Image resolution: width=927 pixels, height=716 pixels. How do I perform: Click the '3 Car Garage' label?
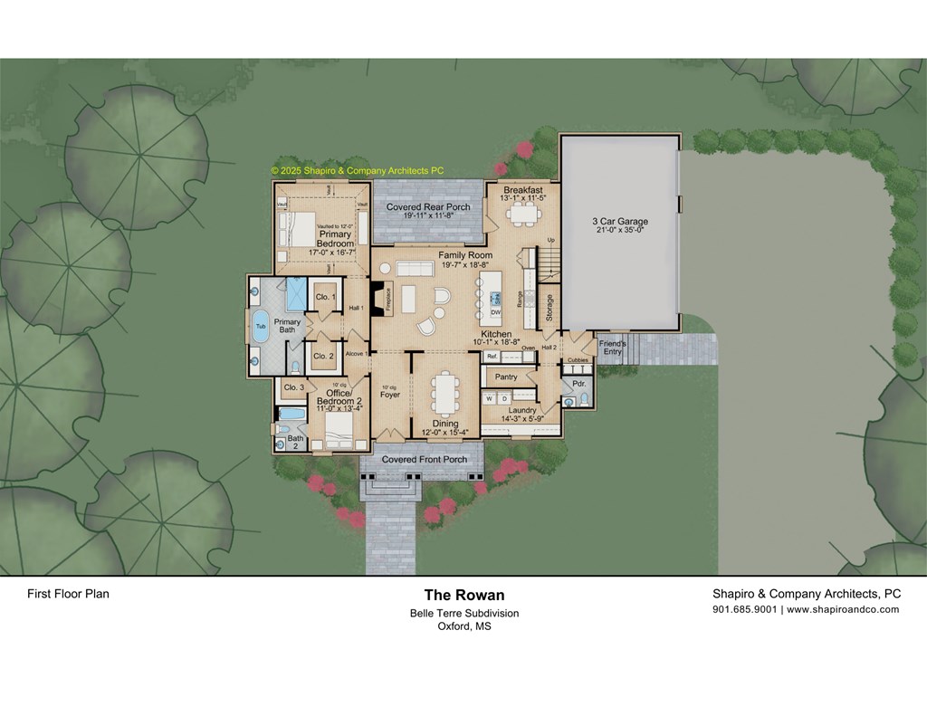click(620, 221)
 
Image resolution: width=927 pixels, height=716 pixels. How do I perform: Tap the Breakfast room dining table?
click(522, 214)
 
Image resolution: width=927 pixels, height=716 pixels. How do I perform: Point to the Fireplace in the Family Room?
click(378, 298)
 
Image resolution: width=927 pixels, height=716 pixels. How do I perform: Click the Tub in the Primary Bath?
click(261, 326)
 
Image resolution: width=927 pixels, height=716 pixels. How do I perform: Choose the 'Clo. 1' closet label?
click(325, 297)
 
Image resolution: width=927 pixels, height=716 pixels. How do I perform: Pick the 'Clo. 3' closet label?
click(293, 387)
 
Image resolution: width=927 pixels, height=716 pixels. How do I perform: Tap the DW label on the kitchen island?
click(495, 312)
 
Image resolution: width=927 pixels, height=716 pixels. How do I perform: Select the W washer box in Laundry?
click(490, 397)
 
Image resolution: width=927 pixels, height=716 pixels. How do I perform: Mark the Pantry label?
click(506, 377)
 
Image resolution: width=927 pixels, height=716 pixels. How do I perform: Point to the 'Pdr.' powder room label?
click(579, 384)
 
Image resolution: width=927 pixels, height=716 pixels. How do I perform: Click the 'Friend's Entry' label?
click(613, 348)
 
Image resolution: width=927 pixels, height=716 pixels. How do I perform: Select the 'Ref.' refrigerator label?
click(492, 357)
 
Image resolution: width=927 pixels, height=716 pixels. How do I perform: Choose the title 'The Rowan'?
click(464, 595)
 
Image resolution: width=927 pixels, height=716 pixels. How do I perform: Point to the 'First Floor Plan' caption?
click(68, 595)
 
